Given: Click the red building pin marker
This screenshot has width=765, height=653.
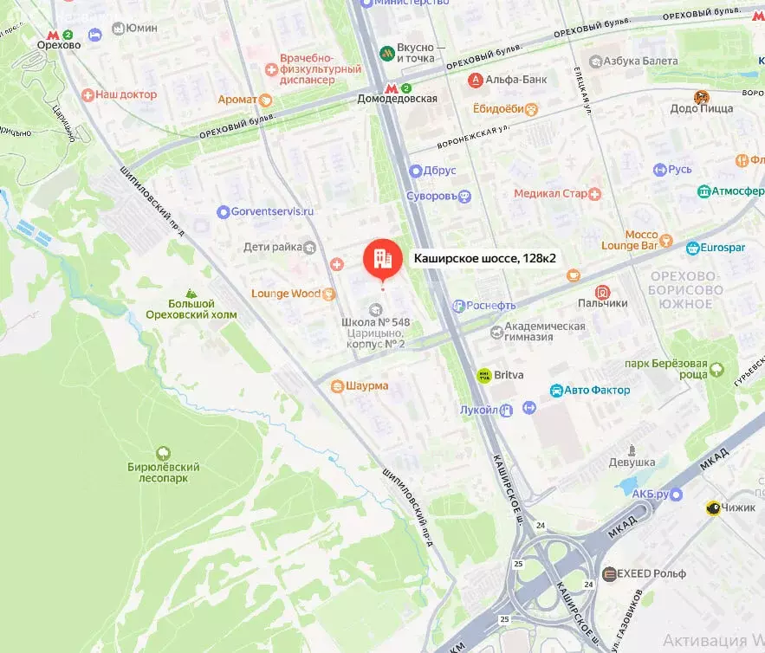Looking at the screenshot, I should pyautogui.click(x=380, y=257).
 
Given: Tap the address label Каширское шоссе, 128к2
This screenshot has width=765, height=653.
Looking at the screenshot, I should pyautogui.click(x=484, y=258).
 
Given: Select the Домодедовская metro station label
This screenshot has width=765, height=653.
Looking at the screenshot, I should pyautogui.click(x=397, y=99).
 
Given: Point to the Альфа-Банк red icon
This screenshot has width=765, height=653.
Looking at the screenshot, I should pyautogui.click(x=475, y=80).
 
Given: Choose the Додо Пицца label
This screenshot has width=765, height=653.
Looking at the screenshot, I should pyautogui.click(x=702, y=108).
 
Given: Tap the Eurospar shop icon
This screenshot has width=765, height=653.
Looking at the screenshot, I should pyautogui.click(x=693, y=249).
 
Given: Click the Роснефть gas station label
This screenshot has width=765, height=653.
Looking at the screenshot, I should pyautogui.click(x=490, y=305).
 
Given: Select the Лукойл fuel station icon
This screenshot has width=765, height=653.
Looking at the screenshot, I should pyautogui.click(x=508, y=409).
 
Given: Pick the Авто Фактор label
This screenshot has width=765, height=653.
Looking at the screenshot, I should pyautogui.click(x=597, y=390).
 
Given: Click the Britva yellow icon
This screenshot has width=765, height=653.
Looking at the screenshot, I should pyautogui.click(x=483, y=376).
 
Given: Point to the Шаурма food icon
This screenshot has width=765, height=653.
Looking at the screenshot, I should pyautogui.click(x=336, y=386).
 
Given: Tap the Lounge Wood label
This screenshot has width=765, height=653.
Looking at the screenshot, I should pyautogui.click(x=286, y=294).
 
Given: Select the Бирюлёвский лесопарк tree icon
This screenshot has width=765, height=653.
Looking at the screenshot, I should pyautogui.click(x=162, y=453).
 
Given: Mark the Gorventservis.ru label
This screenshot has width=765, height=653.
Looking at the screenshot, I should pyautogui.click(x=272, y=211).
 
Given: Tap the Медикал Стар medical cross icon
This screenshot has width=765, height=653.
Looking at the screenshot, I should pyautogui.click(x=595, y=194).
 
